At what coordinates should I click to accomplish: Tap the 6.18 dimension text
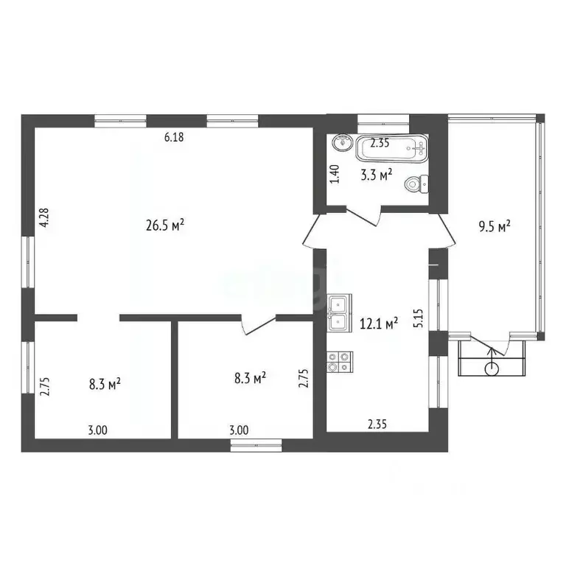tap(173, 137)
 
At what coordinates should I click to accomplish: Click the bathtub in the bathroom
tap(391, 150)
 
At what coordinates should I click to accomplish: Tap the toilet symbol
tap(418, 184)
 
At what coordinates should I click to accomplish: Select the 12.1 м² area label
tap(379, 322)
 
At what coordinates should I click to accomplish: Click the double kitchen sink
tap(340, 312)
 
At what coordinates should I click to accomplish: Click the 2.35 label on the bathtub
tap(380, 144)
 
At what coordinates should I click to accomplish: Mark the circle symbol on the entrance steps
tap(492, 368)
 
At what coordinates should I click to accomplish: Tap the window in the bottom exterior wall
tap(256, 444)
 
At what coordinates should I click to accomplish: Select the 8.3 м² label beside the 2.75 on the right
tap(250, 379)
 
